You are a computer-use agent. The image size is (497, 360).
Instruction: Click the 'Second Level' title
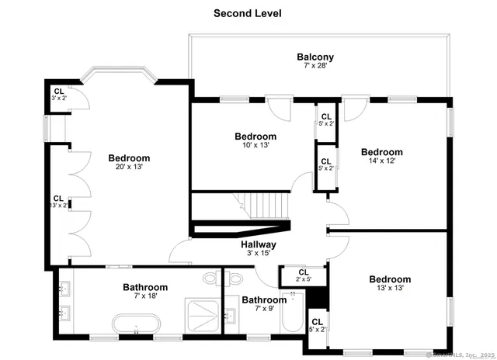pos(248,13)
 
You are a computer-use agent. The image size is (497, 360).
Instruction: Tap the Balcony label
pos(315,57)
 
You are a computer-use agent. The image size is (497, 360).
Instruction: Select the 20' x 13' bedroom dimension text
pos(129,167)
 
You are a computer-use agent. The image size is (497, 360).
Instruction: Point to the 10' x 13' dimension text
pos(255,145)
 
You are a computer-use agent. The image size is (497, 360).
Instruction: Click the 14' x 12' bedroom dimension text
pos(381,161)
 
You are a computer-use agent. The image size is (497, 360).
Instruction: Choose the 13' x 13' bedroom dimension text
pos(390,289)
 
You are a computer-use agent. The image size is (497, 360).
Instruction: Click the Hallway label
pos(257,244)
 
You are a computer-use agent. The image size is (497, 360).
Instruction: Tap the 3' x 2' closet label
pos(58,98)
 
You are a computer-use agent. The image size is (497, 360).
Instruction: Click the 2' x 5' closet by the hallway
pos(302,276)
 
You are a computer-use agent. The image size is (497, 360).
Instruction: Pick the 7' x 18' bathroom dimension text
pos(145,296)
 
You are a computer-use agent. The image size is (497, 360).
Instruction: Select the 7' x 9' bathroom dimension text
pos(264,309)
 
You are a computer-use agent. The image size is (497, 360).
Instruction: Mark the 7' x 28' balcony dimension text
pos(315,67)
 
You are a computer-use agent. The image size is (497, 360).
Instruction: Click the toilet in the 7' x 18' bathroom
pos(210,277)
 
